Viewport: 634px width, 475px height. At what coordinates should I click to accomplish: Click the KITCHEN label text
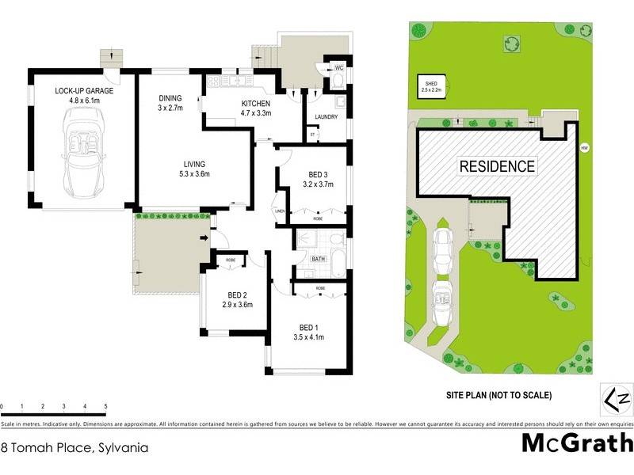[256, 104]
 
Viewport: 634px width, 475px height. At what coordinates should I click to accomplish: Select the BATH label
[319, 259]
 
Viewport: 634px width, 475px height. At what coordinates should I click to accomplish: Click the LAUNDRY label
[326, 117]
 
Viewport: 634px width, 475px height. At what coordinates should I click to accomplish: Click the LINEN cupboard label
[279, 211]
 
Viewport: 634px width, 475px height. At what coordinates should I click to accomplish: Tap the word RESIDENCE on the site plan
[496, 166]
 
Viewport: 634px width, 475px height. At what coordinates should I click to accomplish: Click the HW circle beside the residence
[585, 147]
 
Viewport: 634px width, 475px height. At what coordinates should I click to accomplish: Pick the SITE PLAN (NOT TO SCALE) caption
[498, 395]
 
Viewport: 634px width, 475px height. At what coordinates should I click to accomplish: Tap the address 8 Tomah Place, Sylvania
[74, 447]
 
